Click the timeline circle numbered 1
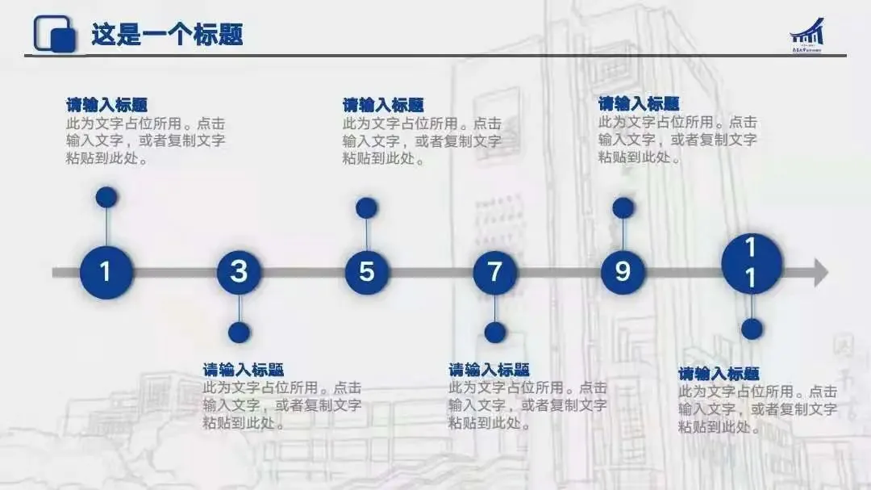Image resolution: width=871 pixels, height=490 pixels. (x=106, y=272)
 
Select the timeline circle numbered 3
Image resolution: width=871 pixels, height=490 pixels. (x=239, y=272)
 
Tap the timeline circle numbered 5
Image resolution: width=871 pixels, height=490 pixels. (x=367, y=272)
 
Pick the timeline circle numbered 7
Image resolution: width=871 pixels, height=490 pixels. (x=494, y=272)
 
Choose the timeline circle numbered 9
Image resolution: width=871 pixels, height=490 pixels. (x=623, y=272)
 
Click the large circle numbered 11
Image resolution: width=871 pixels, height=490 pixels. (x=751, y=264)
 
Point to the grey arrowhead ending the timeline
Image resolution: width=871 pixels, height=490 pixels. (x=819, y=272)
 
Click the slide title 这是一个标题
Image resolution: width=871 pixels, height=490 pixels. (x=167, y=35)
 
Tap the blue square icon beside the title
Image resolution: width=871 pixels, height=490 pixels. (x=55, y=34)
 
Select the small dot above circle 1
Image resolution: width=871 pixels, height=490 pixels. (x=106, y=197)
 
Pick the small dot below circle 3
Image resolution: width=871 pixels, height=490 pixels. (x=239, y=333)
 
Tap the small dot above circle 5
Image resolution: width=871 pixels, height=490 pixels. (x=367, y=208)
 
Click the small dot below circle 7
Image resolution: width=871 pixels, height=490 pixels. (x=495, y=333)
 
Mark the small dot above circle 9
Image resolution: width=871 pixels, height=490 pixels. (x=623, y=208)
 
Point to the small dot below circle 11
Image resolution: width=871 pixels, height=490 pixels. (x=752, y=329)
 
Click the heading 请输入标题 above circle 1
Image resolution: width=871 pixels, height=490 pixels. (x=106, y=105)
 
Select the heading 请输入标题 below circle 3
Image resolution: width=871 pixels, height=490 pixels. (x=243, y=370)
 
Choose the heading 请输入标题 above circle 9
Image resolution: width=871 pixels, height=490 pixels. (x=639, y=103)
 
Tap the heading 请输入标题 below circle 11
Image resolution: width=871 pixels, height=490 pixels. (x=719, y=374)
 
